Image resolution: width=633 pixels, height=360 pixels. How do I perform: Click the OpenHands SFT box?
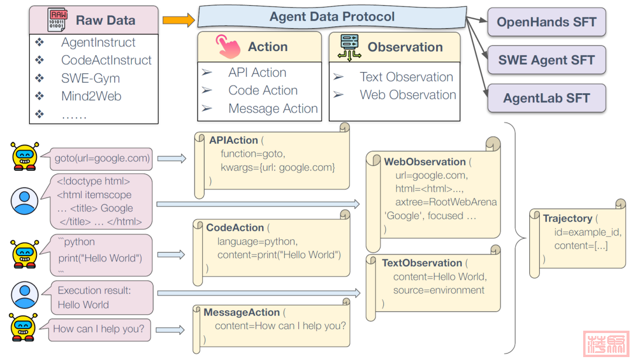546,23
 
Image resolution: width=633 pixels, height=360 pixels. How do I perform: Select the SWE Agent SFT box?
546,60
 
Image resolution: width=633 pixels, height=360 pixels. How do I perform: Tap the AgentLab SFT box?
546,98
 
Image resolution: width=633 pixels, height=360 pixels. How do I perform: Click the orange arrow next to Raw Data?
178,21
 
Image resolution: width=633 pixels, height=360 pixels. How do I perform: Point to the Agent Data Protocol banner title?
332,17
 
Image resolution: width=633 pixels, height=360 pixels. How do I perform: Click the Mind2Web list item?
91,96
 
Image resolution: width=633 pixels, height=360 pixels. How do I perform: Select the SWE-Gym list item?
90,78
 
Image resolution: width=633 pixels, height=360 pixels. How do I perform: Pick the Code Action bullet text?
263,90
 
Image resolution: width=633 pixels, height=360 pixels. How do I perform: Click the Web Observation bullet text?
408,95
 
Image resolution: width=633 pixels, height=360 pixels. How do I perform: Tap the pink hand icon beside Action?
227,46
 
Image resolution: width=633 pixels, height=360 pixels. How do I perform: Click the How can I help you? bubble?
98,329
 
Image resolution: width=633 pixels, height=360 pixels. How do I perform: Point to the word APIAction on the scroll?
233,141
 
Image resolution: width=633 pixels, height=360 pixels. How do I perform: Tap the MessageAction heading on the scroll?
241,313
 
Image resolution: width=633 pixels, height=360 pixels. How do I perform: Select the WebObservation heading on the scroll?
425,162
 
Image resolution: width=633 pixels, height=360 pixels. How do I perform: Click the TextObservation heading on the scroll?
422,263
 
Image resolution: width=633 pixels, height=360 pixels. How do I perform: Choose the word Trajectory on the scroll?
567,219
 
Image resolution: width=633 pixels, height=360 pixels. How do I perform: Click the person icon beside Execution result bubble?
25,296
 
